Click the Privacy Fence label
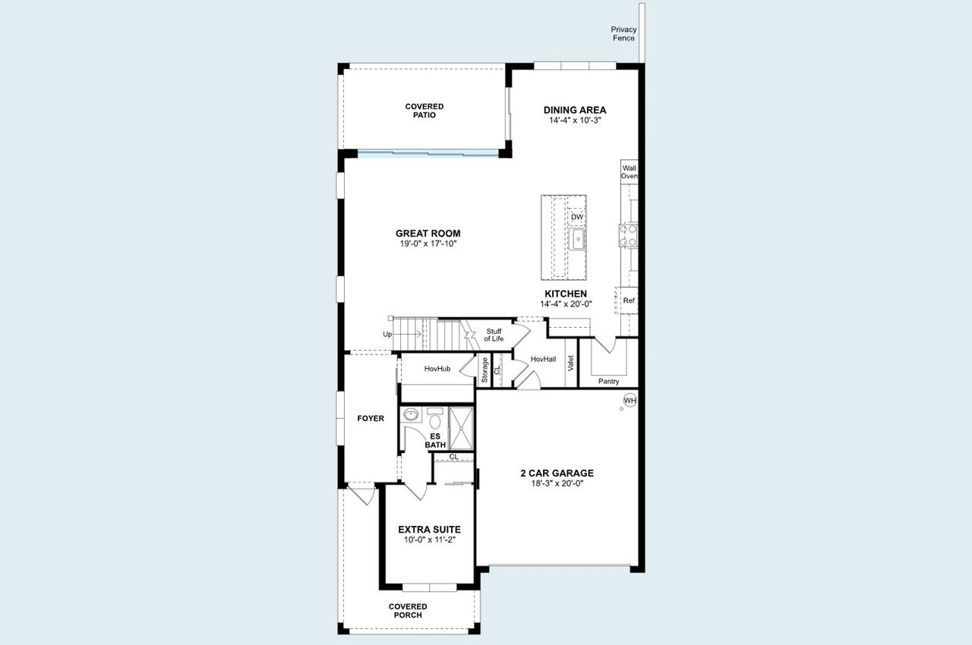(623, 34)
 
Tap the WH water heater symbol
(630, 400)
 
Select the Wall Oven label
(629, 171)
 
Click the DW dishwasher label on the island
(577, 217)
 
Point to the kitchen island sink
(577, 241)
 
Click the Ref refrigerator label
(629, 300)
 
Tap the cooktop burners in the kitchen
(628, 235)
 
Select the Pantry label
(608, 381)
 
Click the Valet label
(570, 363)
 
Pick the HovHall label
(543, 359)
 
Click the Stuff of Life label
(494, 335)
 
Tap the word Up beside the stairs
(387, 334)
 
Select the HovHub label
(437, 369)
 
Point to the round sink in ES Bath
(411, 414)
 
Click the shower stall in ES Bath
(461, 428)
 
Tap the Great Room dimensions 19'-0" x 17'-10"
(428, 244)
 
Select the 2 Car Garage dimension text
(557, 483)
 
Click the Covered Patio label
(424, 111)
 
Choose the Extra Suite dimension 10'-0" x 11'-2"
(429, 540)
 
